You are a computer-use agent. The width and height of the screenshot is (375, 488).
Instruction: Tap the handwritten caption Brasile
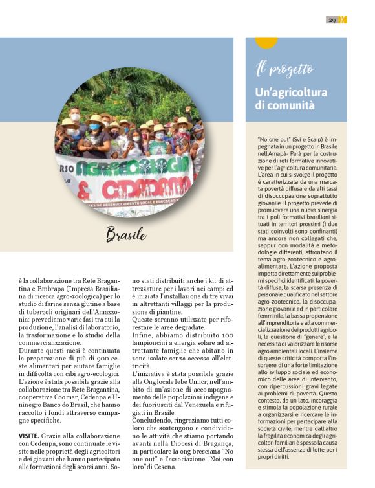click(125, 234)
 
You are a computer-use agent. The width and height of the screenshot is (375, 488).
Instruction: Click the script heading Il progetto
click(284, 69)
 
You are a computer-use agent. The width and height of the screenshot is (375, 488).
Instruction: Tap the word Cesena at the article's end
click(162, 465)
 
